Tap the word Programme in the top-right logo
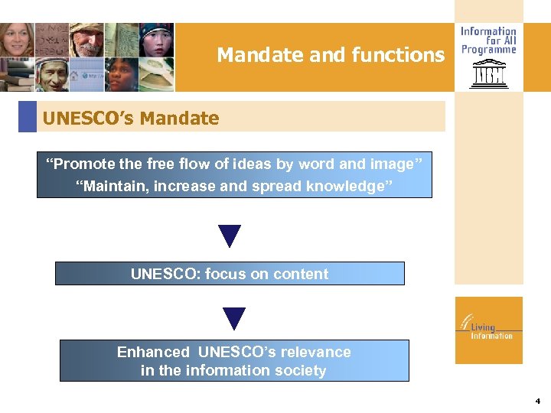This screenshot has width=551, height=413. coord(488,50)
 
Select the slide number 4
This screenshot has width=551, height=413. coord(538,401)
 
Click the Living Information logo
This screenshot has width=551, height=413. coord(487,330)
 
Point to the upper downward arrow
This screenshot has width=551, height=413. coord(230,236)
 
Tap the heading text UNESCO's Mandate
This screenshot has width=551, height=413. coord(131,119)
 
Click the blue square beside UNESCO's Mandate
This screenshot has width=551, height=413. coord(28,117)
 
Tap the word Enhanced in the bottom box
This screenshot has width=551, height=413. coord(153,352)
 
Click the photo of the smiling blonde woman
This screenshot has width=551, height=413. coord(17,40)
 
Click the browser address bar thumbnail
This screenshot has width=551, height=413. coord(86,76)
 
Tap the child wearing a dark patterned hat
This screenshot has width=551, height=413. coord(156,40)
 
